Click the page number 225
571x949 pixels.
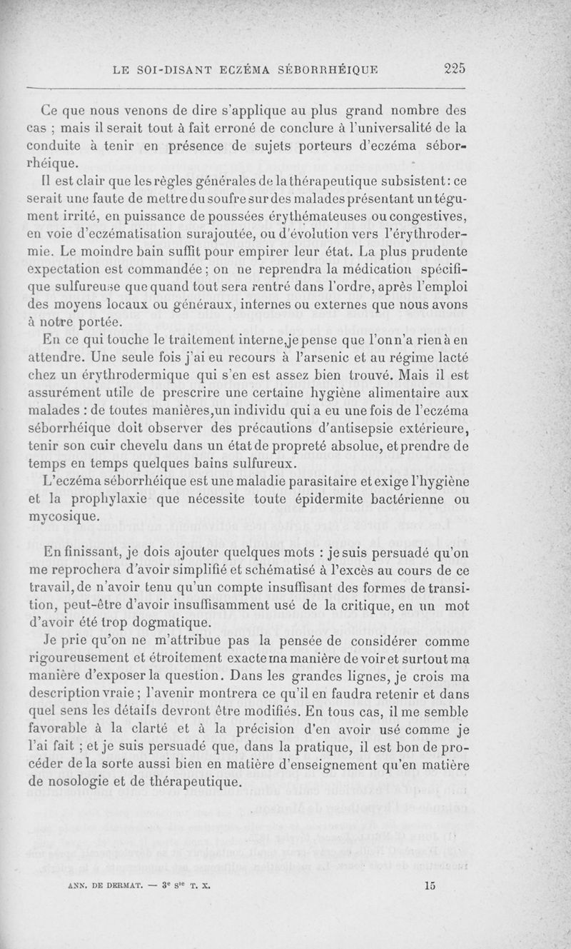[454, 69]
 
